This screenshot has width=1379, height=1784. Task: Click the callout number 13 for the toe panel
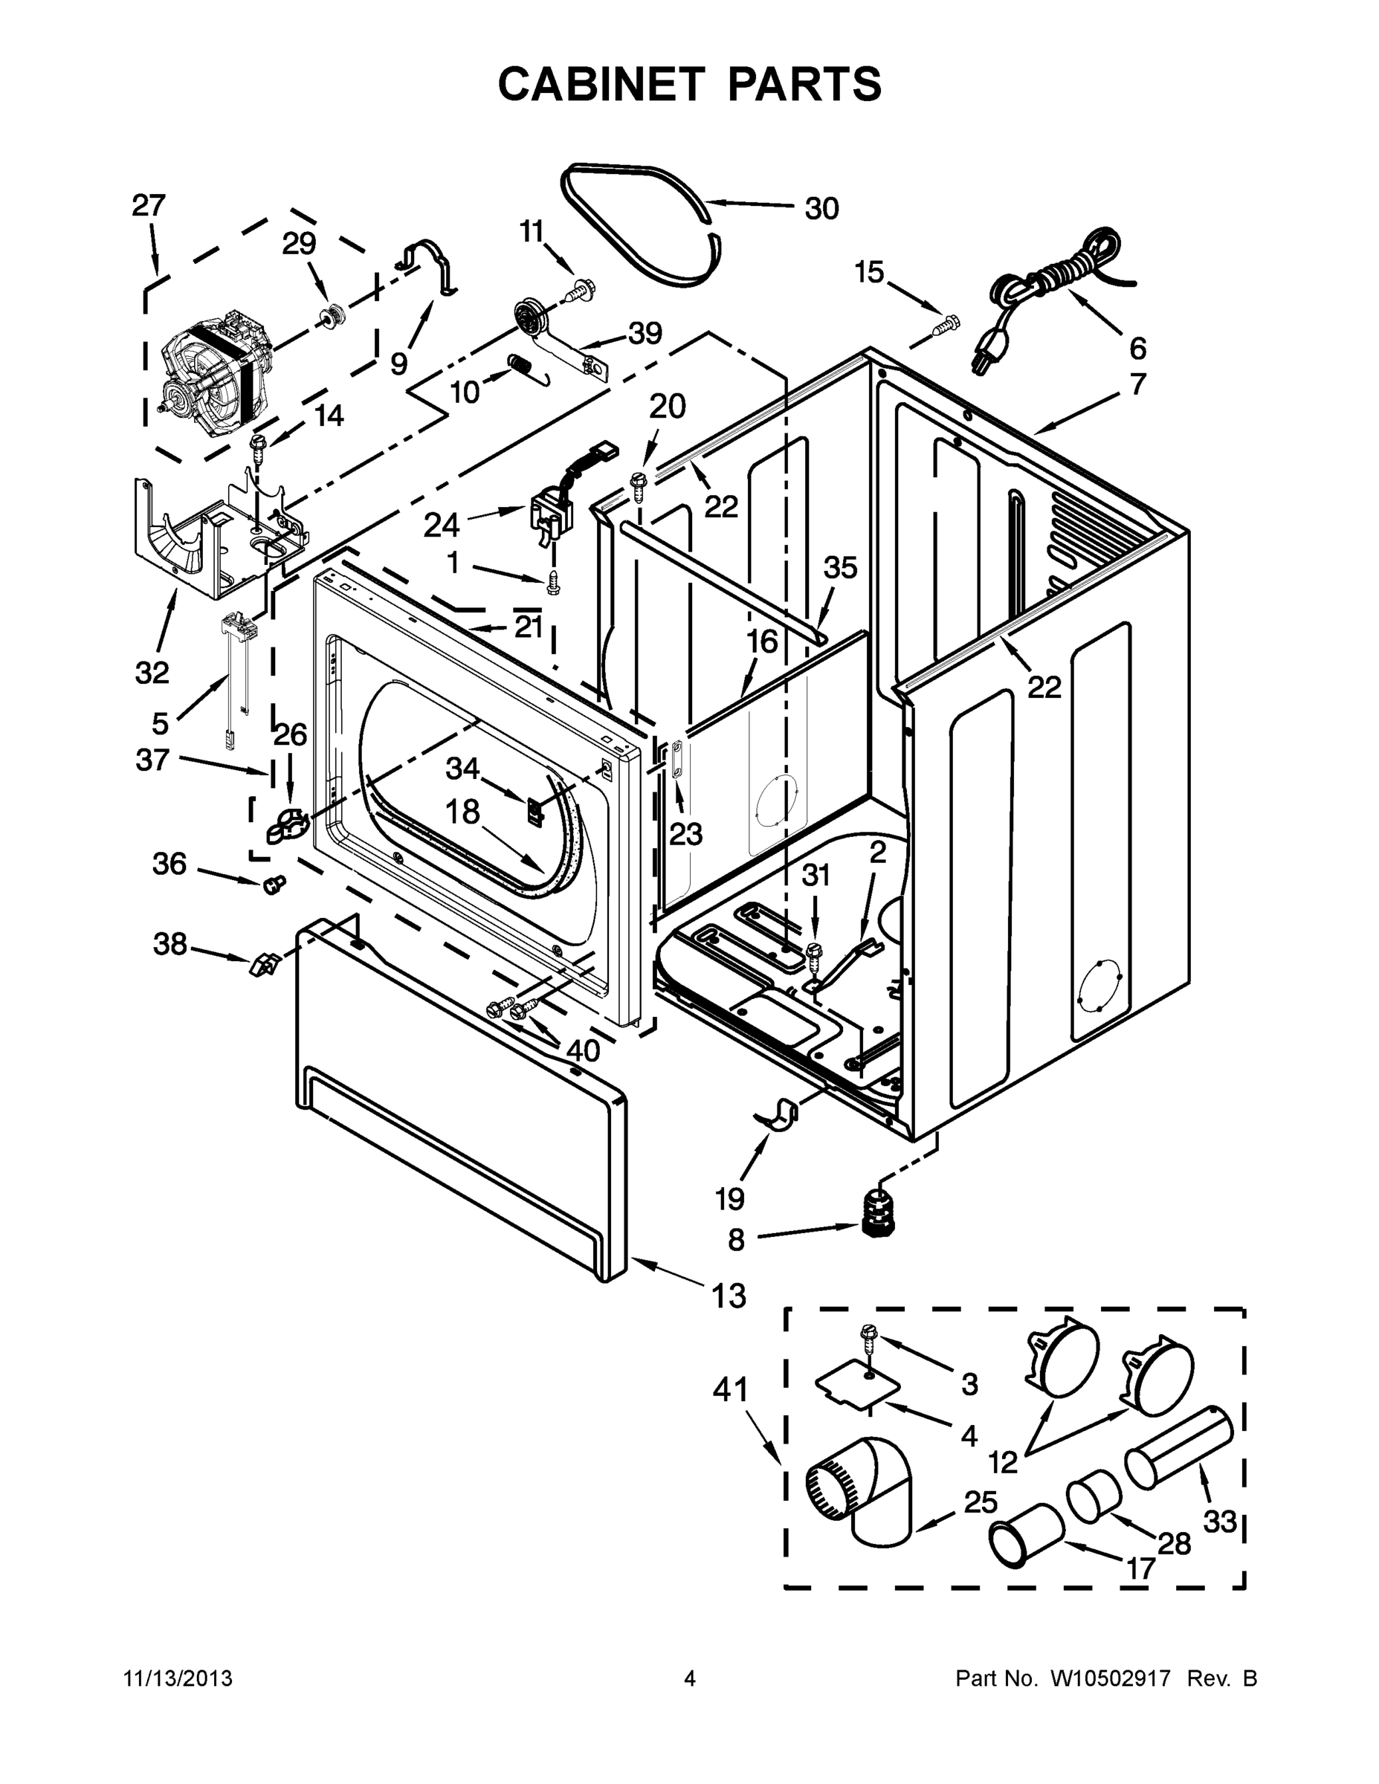pos(729,1296)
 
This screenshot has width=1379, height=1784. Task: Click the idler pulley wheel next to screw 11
pos(531,316)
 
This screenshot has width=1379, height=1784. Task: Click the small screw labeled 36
pos(274,883)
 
